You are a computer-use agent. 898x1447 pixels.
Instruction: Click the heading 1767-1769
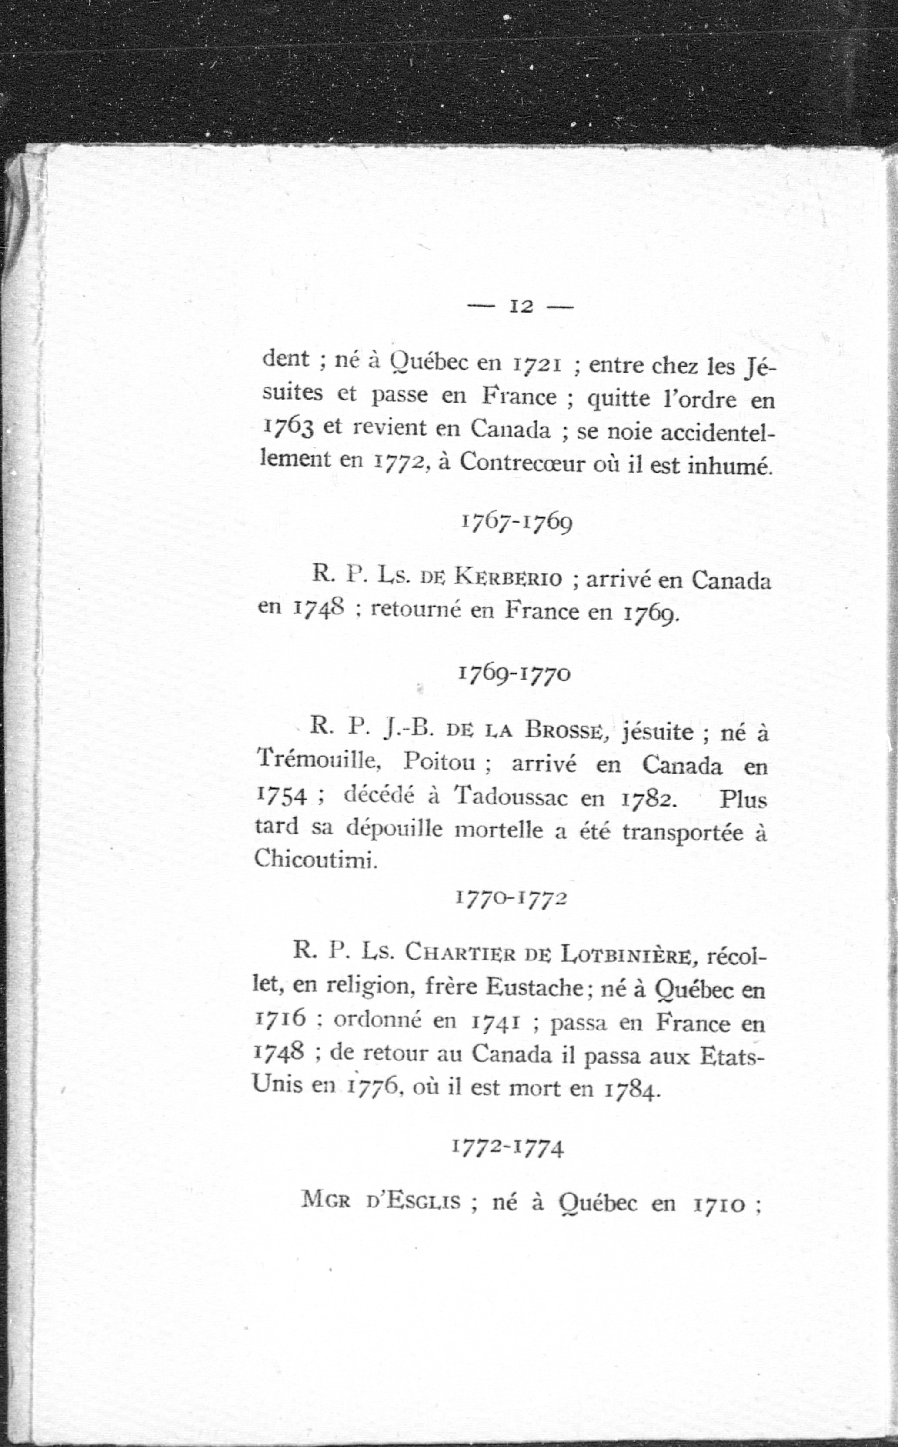pos(517,523)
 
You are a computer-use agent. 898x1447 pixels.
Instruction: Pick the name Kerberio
pos(508,578)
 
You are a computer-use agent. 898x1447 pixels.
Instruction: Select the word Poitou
pos(441,762)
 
